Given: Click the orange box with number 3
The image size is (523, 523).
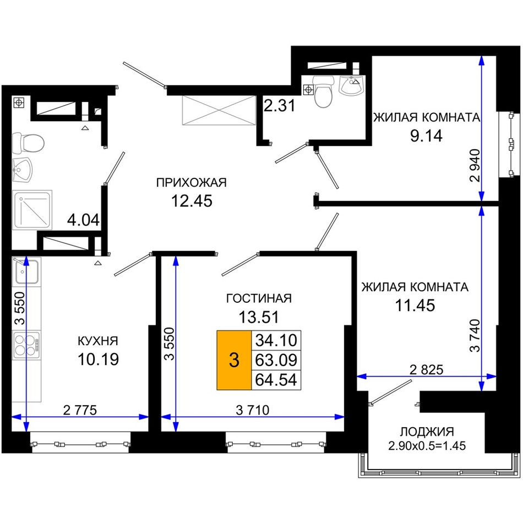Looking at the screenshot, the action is [x=234, y=360].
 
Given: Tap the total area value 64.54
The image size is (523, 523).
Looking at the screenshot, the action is [x=276, y=380].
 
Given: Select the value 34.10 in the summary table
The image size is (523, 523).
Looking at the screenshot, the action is [x=276, y=340].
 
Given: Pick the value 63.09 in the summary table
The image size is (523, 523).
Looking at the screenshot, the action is [x=276, y=360].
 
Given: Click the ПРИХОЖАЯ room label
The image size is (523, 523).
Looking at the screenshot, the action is [x=192, y=183].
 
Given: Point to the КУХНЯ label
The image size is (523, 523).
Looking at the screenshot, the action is [x=98, y=341].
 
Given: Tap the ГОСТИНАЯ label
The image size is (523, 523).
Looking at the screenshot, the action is [x=259, y=298].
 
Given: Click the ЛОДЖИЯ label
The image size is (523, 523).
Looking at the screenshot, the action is [x=427, y=432].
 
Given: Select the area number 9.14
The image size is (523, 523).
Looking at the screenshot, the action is [x=426, y=136].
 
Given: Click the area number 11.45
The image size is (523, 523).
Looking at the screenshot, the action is [x=415, y=305].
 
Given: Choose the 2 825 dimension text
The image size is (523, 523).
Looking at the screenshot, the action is [x=427, y=369].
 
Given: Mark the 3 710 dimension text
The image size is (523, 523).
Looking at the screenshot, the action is [x=253, y=410].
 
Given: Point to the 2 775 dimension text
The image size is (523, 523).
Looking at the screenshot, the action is [x=80, y=410].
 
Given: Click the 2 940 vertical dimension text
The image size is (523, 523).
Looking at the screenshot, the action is [x=475, y=166].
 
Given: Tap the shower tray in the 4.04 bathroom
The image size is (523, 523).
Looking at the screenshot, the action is [x=32, y=210].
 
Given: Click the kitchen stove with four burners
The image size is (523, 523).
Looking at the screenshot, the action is [x=26, y=345].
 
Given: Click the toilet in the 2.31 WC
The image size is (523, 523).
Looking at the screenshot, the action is [x=324, y=91].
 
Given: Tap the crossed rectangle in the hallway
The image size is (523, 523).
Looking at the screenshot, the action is [x=219, y=111].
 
